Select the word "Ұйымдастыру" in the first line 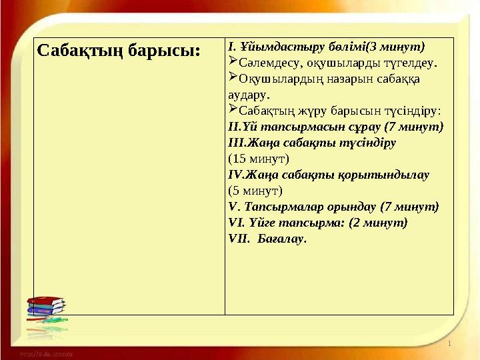click(x=267, y=47)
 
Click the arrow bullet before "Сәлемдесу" click(x=233, y=63)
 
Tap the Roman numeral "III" click(x=235, y=142)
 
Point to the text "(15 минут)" click(x=258, y=159)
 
